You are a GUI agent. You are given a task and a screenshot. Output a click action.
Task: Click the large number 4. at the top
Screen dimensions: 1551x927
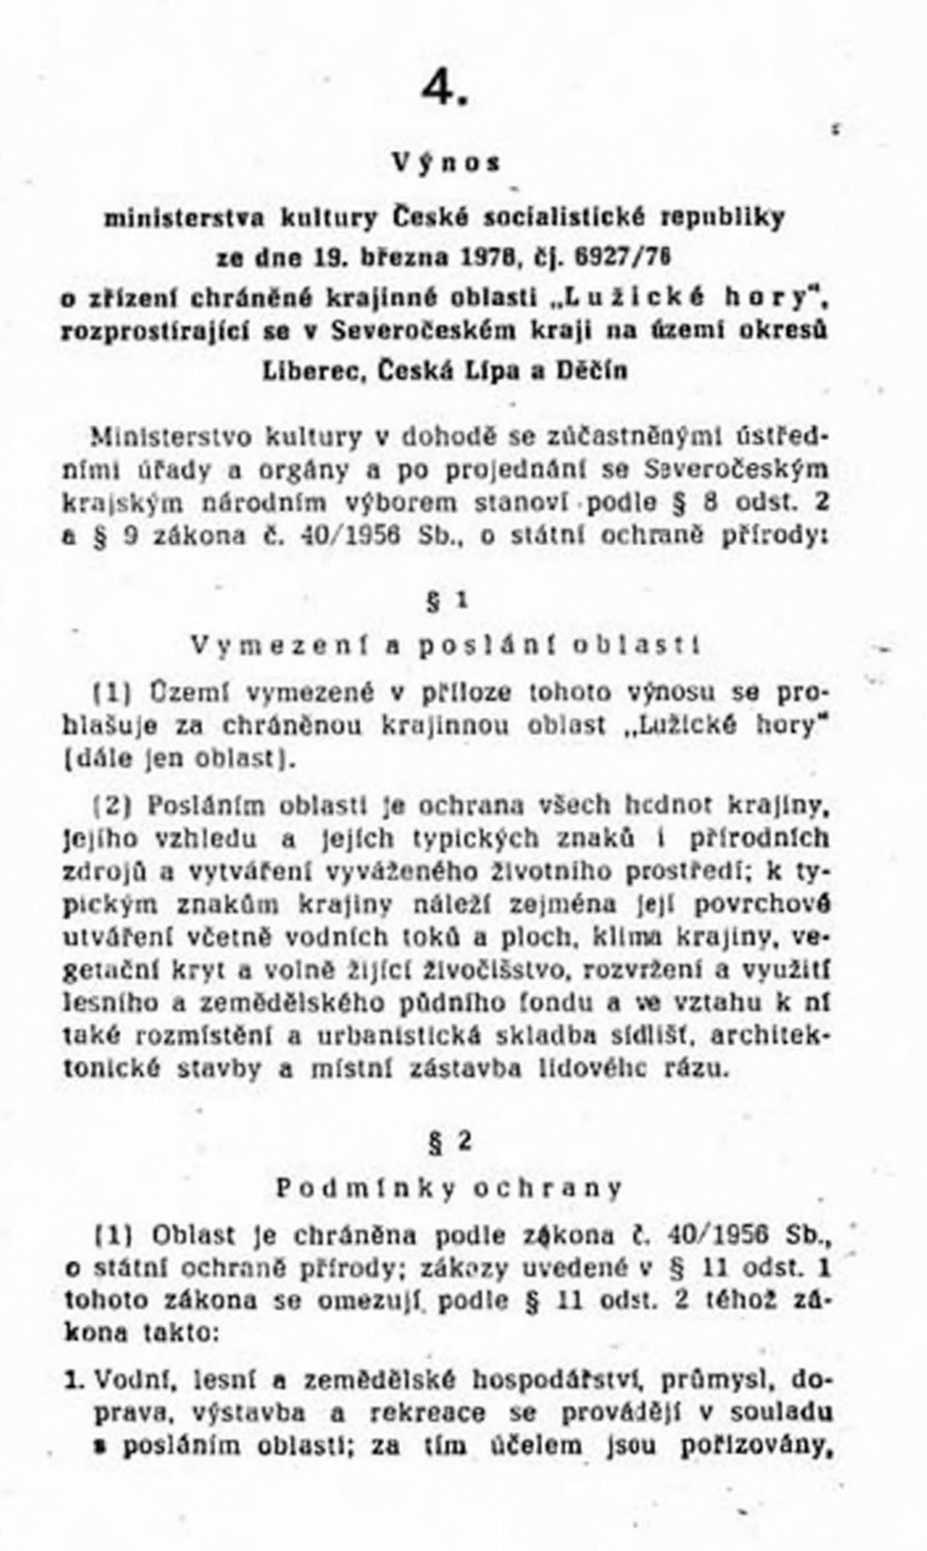point(446,88)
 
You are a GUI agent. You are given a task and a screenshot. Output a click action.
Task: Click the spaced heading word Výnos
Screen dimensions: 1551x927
point(446,162)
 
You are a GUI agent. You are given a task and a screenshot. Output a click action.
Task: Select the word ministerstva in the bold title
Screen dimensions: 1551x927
point(185,217)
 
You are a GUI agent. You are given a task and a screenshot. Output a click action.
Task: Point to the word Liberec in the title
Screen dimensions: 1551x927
point(314,371)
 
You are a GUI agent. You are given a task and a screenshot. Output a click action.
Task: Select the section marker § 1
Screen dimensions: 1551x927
point(447,601)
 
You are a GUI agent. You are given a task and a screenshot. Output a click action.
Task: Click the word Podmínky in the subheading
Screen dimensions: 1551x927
point(365,1188)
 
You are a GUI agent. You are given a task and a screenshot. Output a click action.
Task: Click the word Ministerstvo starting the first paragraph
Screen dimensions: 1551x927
point(171,437)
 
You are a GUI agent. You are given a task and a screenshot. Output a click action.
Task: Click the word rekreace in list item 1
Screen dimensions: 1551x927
point(428,1413)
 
